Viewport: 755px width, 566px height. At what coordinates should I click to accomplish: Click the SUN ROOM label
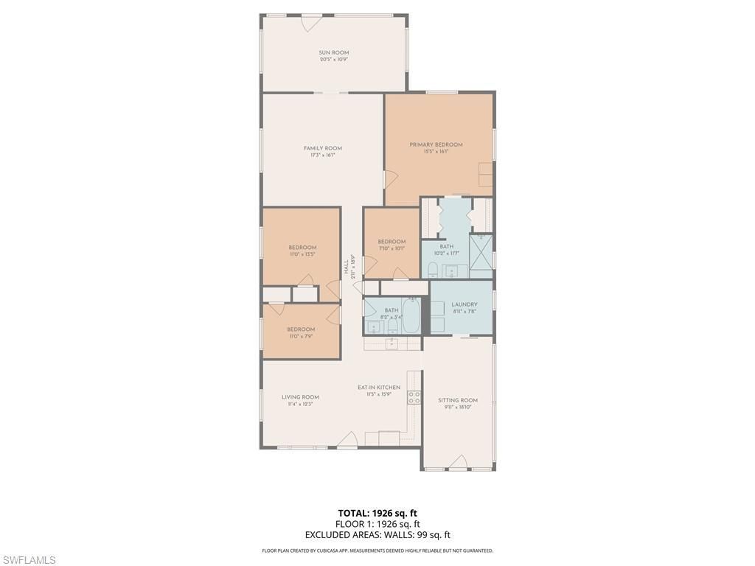coord(333,52)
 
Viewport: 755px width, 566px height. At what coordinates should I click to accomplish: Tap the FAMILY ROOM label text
coord(322,148)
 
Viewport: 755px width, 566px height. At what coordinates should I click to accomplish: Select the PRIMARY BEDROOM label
coord(436,144)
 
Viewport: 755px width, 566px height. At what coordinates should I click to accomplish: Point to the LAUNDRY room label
coord(465,304)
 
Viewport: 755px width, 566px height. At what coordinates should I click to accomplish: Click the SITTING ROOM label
coord(458,400)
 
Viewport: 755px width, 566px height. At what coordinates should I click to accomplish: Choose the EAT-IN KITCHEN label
coord(379,387)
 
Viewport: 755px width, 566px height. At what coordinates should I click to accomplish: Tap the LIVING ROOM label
coord(300,397)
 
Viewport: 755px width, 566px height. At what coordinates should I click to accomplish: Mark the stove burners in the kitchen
coord(414,397)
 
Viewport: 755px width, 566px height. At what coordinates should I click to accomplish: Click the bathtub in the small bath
coord(411,316)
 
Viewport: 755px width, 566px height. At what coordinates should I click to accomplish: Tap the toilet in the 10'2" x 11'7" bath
coord(434,268)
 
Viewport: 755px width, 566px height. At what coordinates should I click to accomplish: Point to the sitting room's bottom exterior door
coord(458,463)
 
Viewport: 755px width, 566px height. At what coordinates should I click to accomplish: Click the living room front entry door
coord(347,440)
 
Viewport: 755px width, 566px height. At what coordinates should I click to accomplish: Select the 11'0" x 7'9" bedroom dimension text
coord(301,336)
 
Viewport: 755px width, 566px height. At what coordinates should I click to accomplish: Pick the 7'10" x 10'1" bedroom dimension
coord(392,248)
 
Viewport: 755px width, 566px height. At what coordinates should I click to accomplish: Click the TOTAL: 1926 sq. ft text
coord(377,513)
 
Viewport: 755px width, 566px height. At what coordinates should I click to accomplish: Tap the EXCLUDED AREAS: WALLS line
coord(377,535)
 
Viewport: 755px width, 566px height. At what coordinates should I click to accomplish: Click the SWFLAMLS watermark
coord(28,560)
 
